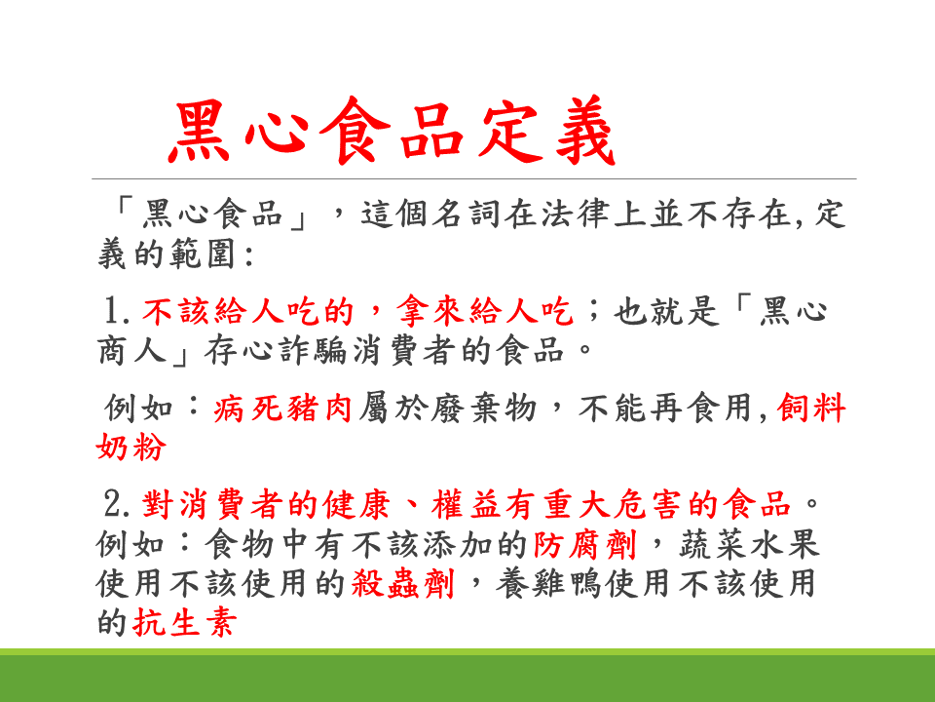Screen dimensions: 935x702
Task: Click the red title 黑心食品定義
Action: point(392,131)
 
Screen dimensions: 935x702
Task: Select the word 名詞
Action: point(467,214)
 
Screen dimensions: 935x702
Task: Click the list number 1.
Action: point(116,311)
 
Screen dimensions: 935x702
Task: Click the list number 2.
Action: point(116,504)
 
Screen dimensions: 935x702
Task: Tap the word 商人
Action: point(131,350)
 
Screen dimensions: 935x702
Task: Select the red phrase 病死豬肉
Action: point(282,409)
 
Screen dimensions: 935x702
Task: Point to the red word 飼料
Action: point(811,409)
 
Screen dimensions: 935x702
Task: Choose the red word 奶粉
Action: point(131,447)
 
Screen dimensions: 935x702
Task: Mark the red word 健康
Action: point(356,504)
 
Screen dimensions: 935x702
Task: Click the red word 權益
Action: point(467,504)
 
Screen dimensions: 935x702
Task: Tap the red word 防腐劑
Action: point(585,544)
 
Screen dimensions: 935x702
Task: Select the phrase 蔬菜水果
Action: point(749,544)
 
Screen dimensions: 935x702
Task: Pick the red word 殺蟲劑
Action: point(403,583)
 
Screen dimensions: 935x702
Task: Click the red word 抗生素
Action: point(185,623)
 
